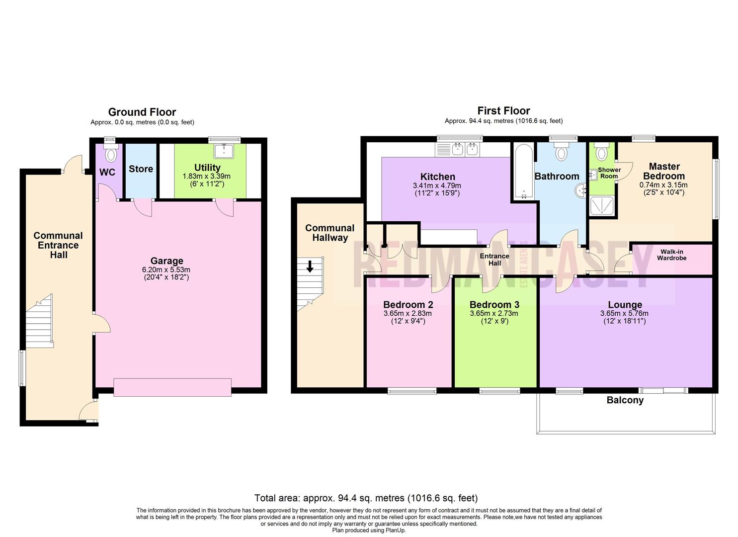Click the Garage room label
tap(166, 261)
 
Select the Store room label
tap(141, 169)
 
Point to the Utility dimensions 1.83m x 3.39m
tap(207, 177)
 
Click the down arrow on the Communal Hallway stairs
tap(310, 267)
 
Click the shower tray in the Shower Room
tap(602, 206)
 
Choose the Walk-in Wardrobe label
tap(671, 255)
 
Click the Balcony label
tap(625, 400)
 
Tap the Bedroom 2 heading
tap(408, 305)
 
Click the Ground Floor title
tap(142, 112)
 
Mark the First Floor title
tap(503, 111)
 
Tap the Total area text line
tap(366, 498)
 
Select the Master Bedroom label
tap(664, 171)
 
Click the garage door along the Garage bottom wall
tap(172, 387)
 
